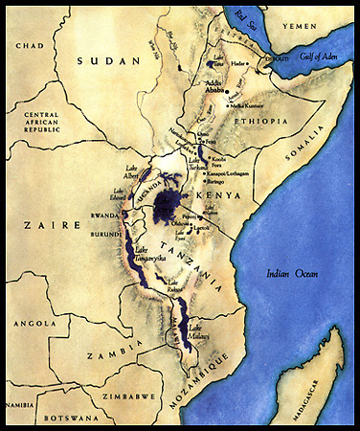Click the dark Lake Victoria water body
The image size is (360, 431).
pyautogui.click(x=169, y=203)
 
